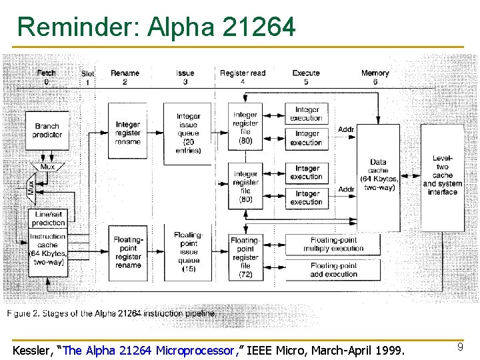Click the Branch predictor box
pos(47,130)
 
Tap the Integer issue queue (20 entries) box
pos(188,133)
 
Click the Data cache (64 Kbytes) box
pos(378,175)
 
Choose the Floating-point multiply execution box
pos(333,244)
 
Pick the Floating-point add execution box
pos(333,269)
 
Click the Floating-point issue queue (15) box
pos(188,251)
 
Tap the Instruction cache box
pos(47,249)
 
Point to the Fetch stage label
pos(47,73)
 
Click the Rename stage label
pos(125,73)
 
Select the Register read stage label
pos(243,73)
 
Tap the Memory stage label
pos(375,73)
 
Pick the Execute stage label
pos(306,73)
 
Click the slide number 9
pos(459,347)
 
